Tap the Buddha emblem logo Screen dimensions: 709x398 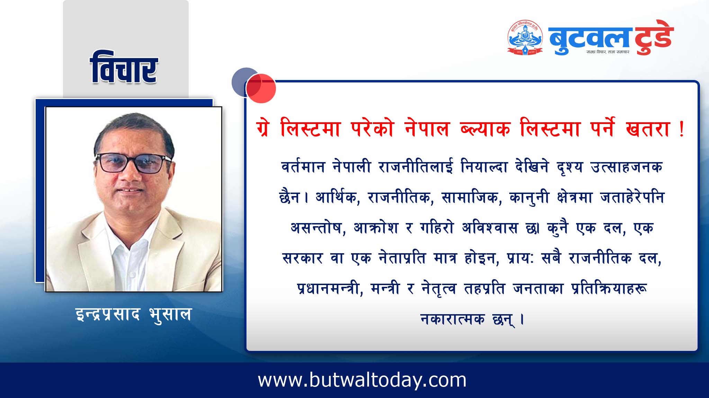pyautogui.click(x=525, y=37)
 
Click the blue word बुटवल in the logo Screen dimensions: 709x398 pyautogui.click(x=588, y=39)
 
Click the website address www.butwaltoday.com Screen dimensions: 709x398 pyautogui.click(x=362, y=380)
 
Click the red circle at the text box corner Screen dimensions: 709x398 pyautogui.click(x=261, y=89)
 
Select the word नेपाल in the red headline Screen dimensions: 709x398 pyautogui.click(x=426, y=129)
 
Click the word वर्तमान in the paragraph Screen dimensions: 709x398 pyautogui.click(x=303, y=167)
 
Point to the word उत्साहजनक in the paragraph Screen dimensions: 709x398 pyautogui.click(x=626, y=167)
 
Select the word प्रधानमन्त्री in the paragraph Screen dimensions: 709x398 pyautogui.click(x=330, y=288)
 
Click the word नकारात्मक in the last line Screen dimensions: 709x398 pyautogui.click(x=452, y=318)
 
